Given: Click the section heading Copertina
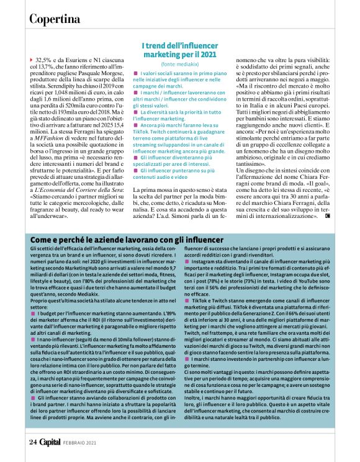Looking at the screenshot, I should click(56, 18).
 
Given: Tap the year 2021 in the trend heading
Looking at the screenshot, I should click(207, 54).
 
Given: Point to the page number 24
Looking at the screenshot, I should click(32, 443).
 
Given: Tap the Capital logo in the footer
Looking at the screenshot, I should click(52, 443).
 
